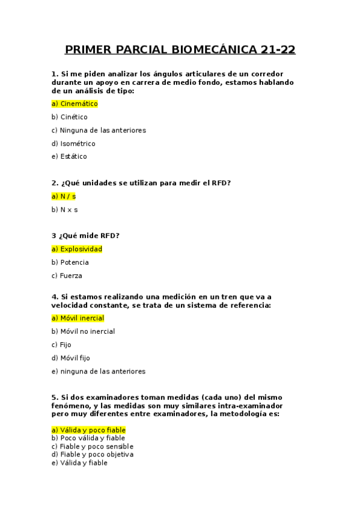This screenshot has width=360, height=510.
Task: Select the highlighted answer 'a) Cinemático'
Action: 75,103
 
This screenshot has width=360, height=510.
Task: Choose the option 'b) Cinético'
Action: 70,117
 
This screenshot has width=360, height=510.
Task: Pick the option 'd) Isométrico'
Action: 73,143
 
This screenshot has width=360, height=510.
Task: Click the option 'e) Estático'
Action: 69,156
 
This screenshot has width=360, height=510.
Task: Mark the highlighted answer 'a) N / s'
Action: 64,196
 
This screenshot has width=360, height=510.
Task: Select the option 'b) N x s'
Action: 65,209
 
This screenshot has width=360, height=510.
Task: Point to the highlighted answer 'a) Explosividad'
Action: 77,249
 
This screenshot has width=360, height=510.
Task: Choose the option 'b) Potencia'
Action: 70,262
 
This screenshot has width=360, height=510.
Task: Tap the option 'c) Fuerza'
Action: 67,275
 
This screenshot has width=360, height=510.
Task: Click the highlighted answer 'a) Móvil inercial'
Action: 78,318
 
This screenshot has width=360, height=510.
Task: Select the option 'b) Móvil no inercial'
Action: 83,331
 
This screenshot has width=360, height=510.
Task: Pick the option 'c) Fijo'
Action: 61,345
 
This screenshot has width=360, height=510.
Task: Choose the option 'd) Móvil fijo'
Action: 71,358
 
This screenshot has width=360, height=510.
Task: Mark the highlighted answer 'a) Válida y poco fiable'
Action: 88,430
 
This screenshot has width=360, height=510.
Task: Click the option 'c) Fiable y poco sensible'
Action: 93,446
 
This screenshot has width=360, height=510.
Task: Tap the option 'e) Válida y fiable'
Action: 79,463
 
